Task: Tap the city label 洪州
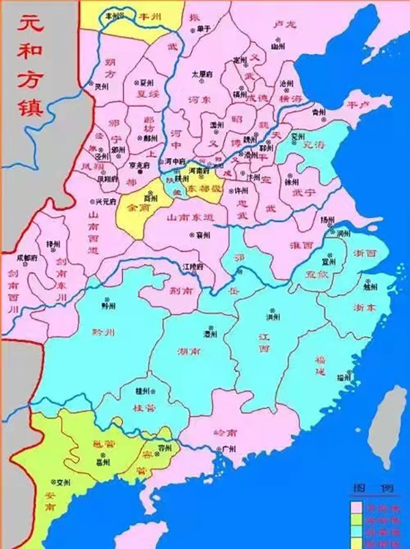[273, 317]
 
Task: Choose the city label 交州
[63, 481]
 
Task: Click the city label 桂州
[143, 390]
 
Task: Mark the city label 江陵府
[192, 265]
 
